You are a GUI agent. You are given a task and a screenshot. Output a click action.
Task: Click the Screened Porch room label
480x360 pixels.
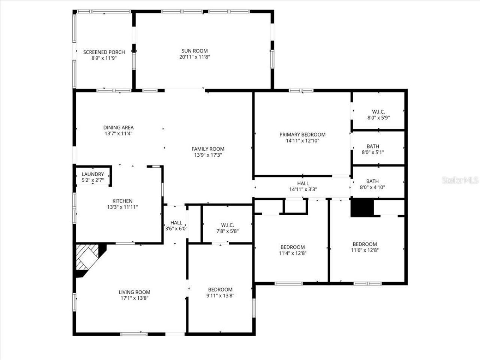104,52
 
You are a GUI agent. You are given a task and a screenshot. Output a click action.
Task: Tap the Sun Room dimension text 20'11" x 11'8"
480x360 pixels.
194,57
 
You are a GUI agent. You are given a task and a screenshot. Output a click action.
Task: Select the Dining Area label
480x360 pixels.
118,127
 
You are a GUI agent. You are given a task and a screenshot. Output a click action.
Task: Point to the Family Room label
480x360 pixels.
208,149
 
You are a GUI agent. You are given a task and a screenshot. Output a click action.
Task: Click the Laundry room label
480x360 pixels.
93,174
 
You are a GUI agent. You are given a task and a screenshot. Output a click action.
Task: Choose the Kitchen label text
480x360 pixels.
122,201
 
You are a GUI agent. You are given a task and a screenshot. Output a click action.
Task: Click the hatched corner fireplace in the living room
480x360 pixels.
88,257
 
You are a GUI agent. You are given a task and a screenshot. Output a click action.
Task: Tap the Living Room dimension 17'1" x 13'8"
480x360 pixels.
134,298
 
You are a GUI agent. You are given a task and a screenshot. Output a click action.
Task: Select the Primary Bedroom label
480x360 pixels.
302,135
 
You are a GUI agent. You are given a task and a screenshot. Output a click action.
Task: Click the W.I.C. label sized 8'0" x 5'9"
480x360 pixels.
378,112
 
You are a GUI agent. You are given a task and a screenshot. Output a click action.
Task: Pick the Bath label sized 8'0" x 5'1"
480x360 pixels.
372,146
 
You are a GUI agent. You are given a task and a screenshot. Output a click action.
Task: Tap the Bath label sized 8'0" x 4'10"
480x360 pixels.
372,181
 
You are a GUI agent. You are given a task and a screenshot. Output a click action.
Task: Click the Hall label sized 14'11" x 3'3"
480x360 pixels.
303,183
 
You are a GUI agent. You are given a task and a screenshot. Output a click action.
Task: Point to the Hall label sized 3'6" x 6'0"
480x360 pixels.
176,223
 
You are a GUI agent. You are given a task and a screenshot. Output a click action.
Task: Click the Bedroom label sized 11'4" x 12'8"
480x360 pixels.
292,247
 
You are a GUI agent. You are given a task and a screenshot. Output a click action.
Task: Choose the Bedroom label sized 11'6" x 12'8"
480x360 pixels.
364,244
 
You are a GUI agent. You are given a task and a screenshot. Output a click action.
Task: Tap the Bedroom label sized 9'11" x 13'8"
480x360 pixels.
220,289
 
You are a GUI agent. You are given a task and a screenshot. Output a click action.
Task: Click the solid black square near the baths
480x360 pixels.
362,207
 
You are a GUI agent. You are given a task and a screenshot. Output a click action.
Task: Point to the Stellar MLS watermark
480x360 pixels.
460,180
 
